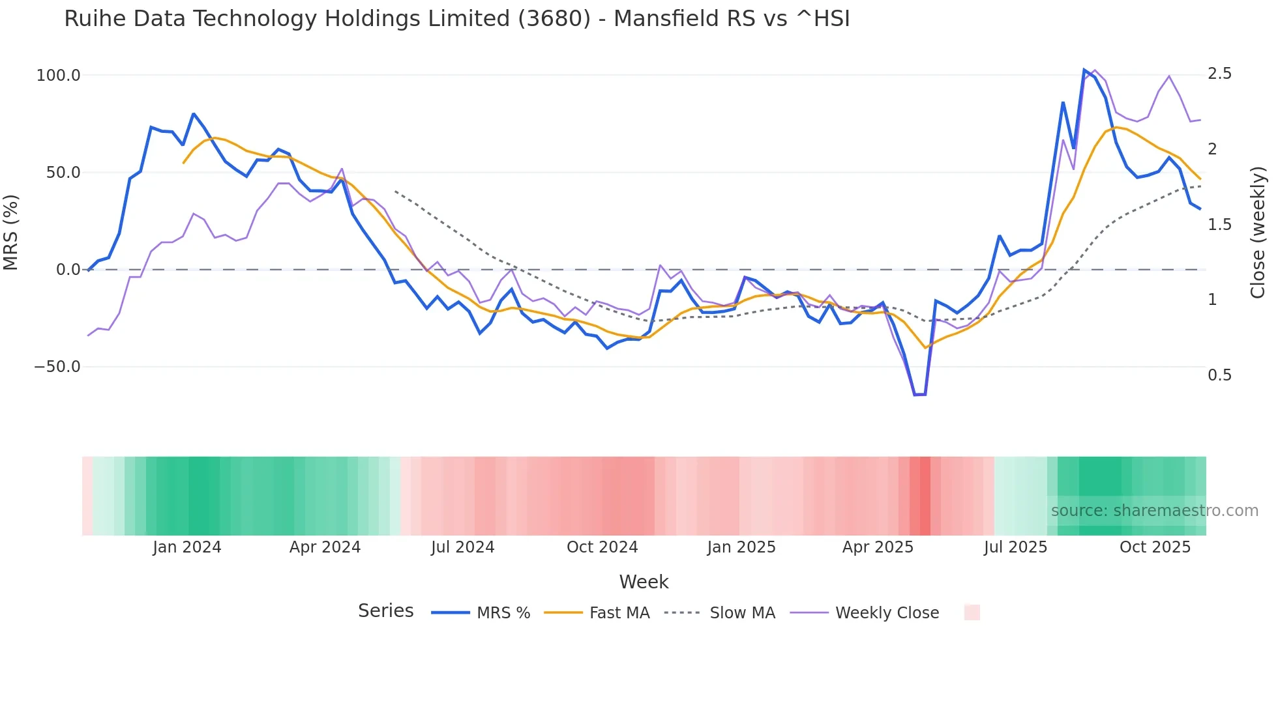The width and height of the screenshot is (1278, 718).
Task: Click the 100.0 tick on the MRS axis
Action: [58, 76]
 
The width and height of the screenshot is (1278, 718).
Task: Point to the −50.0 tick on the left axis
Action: [57, 367]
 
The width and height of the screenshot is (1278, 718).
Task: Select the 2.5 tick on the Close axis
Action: [1219, 74]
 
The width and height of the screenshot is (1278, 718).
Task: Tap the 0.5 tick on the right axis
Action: [1219, 375]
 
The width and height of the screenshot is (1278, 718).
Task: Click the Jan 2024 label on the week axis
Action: [187, 547]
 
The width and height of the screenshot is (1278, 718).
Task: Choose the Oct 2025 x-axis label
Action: [1155, 547]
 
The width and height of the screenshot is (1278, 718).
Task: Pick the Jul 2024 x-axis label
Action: [462, 547]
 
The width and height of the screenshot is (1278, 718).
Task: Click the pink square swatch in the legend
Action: [972, 612]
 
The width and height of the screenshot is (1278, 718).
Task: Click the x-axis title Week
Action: [644, 582]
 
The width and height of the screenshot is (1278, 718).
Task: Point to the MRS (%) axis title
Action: [11, 233]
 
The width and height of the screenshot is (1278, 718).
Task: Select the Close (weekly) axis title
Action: [1258, 233]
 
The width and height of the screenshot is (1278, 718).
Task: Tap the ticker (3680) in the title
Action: [554, 19]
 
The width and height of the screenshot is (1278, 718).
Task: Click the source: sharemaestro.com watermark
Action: [1154, 511]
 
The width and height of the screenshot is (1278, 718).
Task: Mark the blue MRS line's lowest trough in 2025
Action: [919, 395]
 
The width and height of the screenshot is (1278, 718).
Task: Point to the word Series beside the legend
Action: [385, 611]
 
